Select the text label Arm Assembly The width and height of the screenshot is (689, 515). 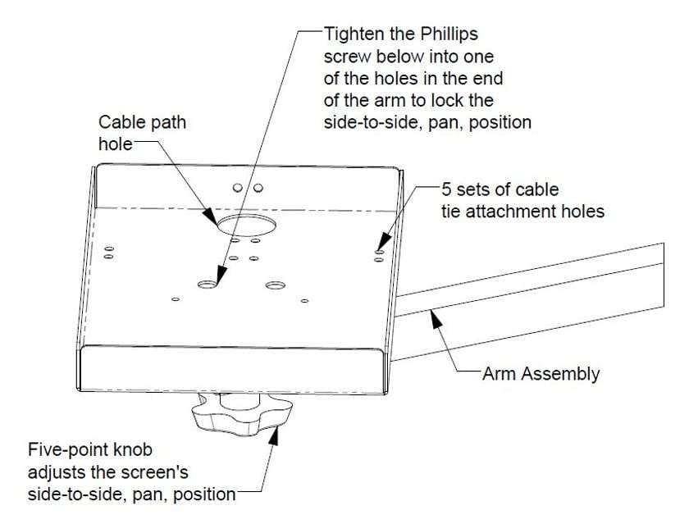point(541,375)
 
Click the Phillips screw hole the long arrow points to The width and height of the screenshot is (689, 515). point(208,284)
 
